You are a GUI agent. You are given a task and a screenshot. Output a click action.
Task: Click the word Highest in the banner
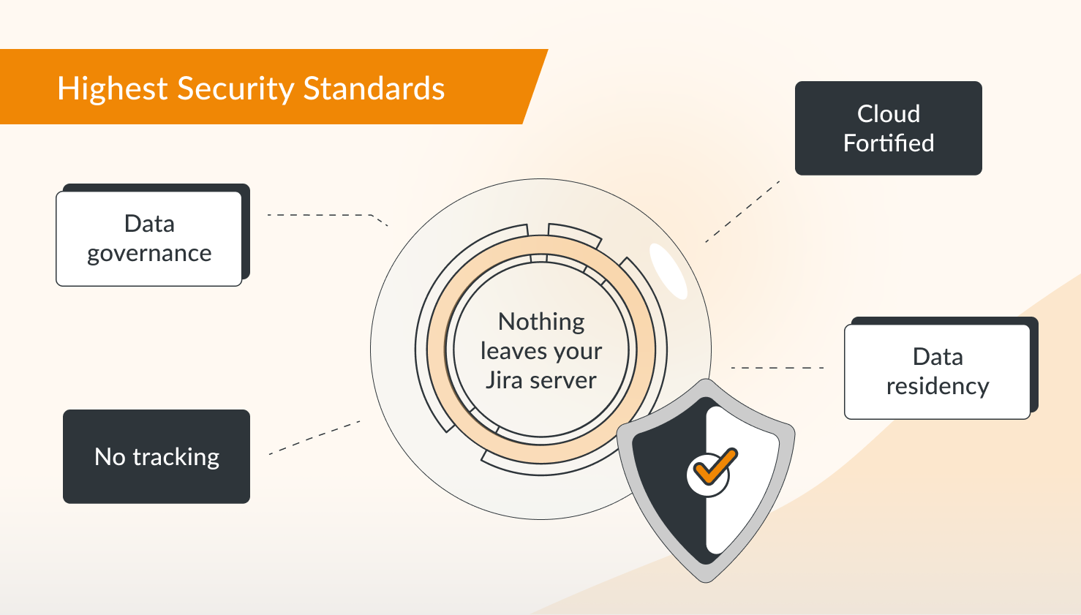113,89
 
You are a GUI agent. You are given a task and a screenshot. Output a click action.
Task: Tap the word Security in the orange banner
236,89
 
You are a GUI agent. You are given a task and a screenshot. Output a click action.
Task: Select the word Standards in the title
374,88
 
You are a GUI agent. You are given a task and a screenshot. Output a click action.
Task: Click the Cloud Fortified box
889,128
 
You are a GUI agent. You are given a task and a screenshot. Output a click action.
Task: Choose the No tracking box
157,456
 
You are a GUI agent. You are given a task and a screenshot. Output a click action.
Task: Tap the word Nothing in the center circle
541,322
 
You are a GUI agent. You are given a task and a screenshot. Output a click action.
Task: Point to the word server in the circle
563,381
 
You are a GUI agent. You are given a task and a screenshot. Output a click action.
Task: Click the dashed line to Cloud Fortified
742,212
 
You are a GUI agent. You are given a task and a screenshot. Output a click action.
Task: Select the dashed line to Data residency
777,368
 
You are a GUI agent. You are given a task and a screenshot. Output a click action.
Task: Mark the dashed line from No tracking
314,437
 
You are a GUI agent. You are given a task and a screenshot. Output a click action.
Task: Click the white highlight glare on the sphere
668,271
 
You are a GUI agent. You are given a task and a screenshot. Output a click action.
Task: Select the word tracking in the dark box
176,457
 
